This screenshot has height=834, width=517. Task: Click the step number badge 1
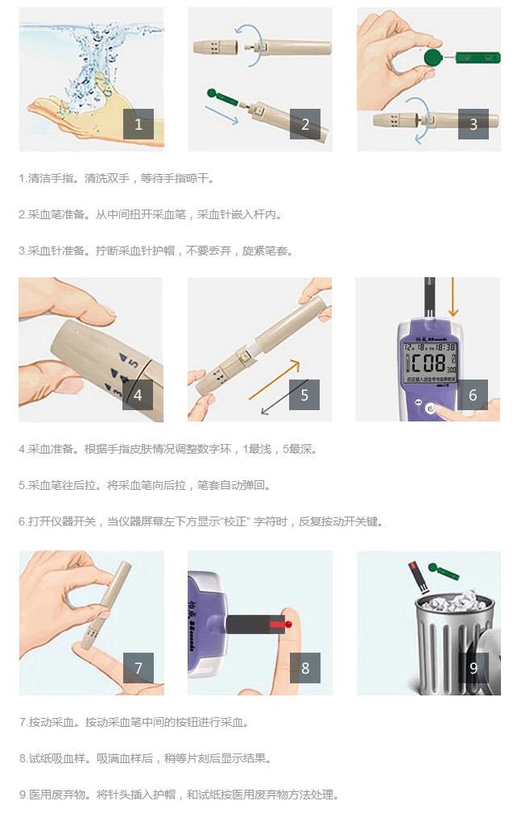click(139, 124)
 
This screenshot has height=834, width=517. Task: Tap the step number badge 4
click(138, 395)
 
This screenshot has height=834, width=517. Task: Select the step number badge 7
click(139, 667)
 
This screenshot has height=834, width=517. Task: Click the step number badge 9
click(474, 667)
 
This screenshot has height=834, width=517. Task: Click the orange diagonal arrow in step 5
click(274, 380)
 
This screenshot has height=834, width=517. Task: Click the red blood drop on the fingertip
click(288, 624)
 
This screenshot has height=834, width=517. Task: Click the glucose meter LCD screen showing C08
click(430, 362)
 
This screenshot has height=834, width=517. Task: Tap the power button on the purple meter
click(430, 409)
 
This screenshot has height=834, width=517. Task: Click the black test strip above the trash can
click(420, 577)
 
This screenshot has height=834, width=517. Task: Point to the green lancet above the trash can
click(443, 571)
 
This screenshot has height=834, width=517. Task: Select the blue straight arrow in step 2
click(221, 115)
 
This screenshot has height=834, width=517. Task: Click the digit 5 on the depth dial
click(134, 363)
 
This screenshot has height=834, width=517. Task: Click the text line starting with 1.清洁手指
click(116, 178)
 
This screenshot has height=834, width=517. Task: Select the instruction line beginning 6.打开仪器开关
click(201, 521)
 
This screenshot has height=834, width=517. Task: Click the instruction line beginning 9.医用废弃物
click(179, 795)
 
